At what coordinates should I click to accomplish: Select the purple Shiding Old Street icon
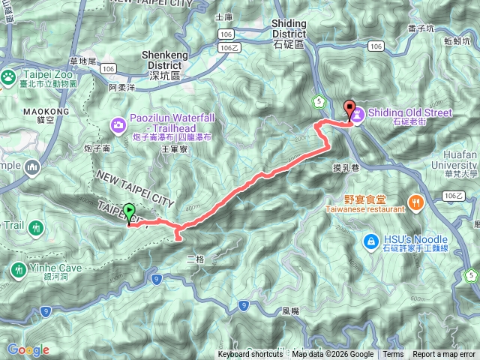[358, 114]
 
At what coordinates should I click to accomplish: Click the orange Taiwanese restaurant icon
[415, 200]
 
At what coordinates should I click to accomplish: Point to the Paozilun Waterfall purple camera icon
[118, 124]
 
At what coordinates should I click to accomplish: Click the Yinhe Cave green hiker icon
[18, 268]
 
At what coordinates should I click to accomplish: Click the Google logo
[28, 349]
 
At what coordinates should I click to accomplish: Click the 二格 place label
[195, 259]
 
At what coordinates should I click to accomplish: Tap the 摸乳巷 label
[346, 168]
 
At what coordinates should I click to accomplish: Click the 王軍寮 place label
[173, 150]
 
